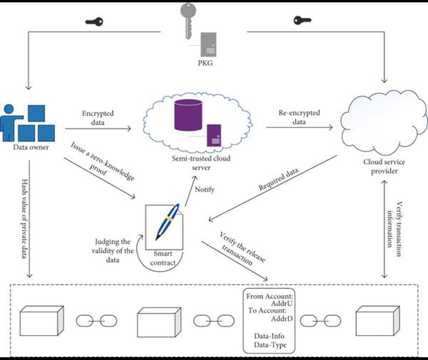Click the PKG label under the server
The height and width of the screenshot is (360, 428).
click(205, 63)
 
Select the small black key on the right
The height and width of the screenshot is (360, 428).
click(302, 20)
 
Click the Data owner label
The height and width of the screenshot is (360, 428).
click(31, 147)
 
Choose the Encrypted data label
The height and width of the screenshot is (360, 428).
click(97, 118)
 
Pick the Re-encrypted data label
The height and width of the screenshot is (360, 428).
click(299, 117)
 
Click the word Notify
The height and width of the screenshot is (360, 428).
click(204, 190)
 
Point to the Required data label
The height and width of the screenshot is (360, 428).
click(279, 179)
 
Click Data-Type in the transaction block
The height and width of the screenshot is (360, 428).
click(270, 345)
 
